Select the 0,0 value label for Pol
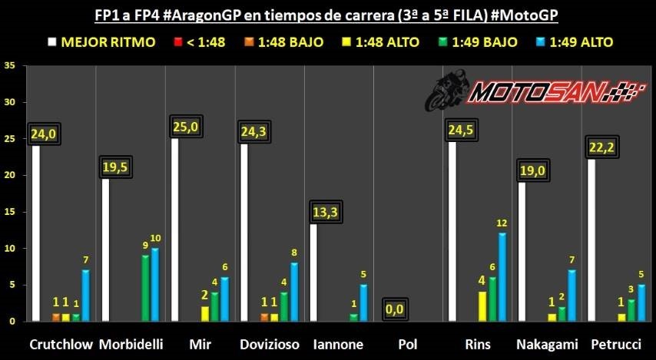397,309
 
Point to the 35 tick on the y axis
10,66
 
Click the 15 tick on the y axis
10,212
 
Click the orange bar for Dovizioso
264,317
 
